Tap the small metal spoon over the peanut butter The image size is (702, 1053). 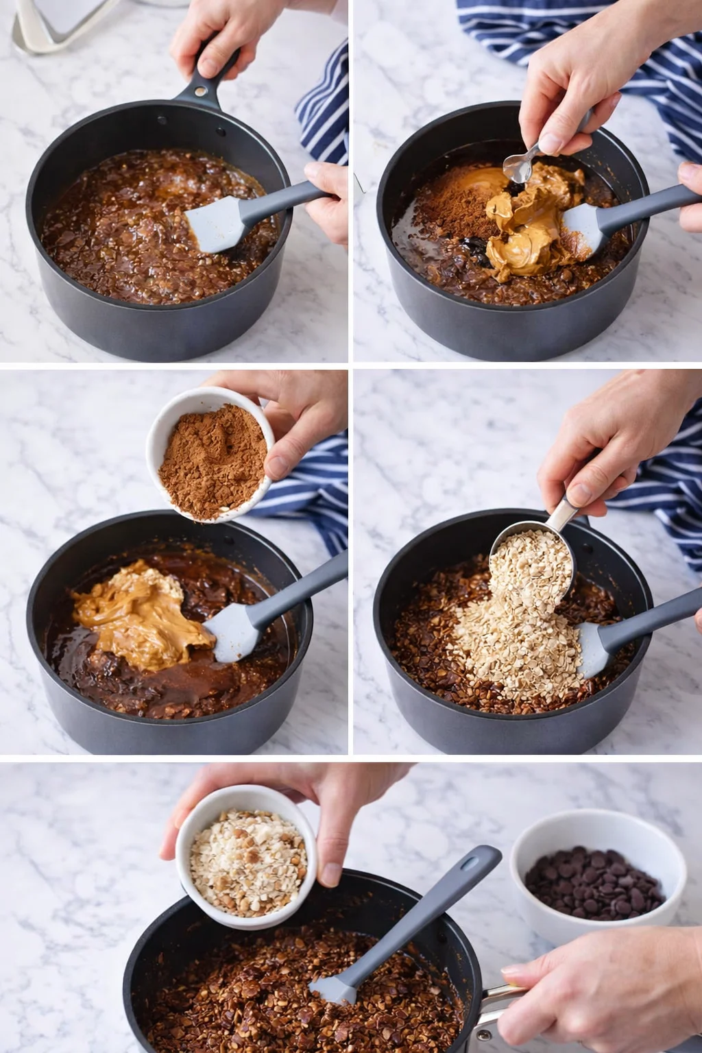pos(518,165)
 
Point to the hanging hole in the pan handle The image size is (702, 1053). pos(199,90)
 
